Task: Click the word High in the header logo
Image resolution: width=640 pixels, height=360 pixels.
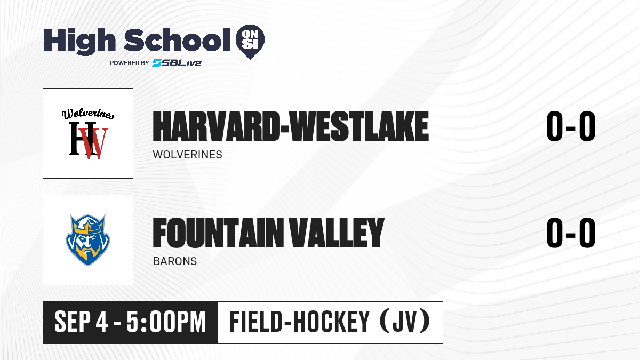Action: (79, 41)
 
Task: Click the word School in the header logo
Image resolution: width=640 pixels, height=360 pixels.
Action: (177, 40)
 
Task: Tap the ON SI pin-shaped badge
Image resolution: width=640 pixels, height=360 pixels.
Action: (250, 42)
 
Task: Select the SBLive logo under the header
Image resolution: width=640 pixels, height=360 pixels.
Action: (177, 63)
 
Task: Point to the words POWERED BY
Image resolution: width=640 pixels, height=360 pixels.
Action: (130, 63)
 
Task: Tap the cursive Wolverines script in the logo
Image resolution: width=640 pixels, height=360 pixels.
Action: (88, 114)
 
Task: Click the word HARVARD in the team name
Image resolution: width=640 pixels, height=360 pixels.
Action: (215, 126)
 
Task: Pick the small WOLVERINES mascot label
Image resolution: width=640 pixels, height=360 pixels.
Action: (187, 155)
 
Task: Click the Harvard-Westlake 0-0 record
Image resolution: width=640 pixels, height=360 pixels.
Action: (571, 126)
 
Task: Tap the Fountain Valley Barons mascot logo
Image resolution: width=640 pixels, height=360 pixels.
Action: (88, 239)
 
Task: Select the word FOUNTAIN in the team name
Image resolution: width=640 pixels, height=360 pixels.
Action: (218, 233)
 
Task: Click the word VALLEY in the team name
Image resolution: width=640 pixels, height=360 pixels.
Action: (337, 233)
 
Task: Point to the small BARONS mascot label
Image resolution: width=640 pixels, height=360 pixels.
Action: (175, 261)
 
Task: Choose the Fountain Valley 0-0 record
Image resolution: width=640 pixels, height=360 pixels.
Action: (571, 233)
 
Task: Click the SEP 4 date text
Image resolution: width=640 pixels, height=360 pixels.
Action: (81, 322)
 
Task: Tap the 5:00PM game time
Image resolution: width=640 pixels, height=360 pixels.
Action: (166, 322)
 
